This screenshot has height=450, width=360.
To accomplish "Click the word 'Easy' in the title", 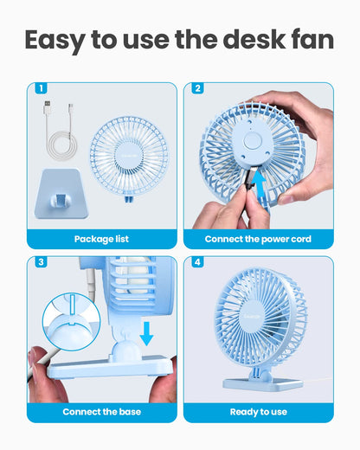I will pos(59,40).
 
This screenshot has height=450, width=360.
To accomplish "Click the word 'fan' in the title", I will pos(307,40).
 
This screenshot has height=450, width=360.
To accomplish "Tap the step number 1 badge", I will pos(40,88).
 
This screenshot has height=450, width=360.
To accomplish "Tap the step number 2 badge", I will pos(197,88).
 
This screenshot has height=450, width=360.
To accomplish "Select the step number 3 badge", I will pos(40,261).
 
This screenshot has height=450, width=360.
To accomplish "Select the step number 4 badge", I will pos(197,261).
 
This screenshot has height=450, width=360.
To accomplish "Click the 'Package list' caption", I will pos(101,239).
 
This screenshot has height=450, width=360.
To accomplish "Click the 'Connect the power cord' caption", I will pos(258,239).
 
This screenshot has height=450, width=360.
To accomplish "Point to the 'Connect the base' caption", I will pos(101,412).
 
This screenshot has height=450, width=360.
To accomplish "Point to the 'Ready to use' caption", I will pos(258,412).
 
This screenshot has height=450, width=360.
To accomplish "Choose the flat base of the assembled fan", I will pos(262,383).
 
